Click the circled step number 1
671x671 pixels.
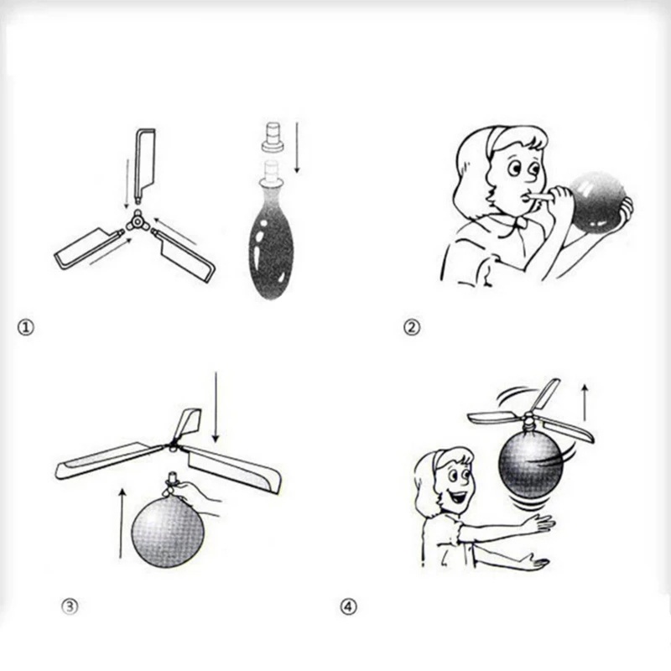(x=26, y=328)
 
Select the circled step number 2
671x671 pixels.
(x=412, y=327)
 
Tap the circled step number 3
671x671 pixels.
(x=70, y=606)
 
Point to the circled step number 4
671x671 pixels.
(x=348, y=606)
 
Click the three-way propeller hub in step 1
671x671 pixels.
(x=137, y=221)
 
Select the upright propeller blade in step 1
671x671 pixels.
(x=144, y=166)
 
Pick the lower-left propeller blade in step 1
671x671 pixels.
(x=88, y=249)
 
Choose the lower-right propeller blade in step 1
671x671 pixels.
(x=185, y=255)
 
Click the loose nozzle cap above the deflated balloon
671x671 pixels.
(x=273, y=138)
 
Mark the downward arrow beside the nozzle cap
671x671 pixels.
(x=297, y=148)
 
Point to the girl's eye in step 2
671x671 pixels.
(x=514, y=169)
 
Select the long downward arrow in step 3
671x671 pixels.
(x=216, y=407)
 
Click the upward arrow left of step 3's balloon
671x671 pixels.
(x=122, y=523)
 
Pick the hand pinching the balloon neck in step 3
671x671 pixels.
(x=199, y=497)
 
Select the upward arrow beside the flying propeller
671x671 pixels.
(x=585, y=403)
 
